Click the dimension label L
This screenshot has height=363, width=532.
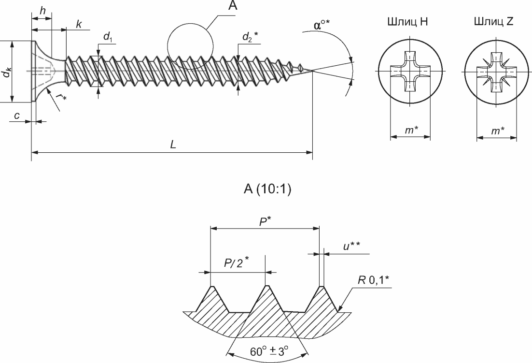173,145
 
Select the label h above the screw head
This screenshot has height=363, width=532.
42,11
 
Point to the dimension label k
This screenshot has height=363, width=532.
79,24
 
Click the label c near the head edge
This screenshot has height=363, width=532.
16,116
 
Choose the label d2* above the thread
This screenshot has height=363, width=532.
250,36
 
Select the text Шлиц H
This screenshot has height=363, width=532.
407,22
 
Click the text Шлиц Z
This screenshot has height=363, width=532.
494,22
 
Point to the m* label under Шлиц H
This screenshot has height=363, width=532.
412,130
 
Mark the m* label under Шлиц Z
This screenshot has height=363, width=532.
498,131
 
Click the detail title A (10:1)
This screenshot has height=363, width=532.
267,189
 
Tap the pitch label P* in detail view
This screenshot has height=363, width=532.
265,222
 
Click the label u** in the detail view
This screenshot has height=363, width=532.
351,246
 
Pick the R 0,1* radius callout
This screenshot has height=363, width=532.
373,280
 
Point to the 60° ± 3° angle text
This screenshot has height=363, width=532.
269,351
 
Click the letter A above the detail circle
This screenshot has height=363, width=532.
233,5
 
